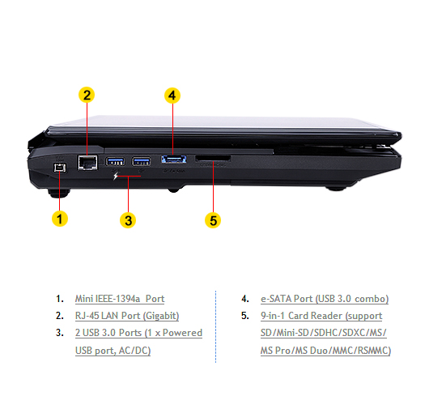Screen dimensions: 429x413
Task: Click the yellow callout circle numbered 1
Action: pos(60,219)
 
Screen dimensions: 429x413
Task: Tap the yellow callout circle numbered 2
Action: pos(87,95)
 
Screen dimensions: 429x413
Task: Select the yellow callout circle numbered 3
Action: pos(128,220)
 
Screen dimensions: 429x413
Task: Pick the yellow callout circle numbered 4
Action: pos(172,96)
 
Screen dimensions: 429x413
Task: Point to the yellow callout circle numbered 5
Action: pos(213,220)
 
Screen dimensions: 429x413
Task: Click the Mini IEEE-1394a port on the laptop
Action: pos(60,168)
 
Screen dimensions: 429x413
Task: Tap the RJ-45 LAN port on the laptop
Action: pos(87,163)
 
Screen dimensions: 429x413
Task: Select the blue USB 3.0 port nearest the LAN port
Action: pos(115,161)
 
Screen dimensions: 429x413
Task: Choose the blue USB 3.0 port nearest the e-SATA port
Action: pos(141,161)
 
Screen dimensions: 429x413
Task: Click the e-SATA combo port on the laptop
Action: pos(174,160)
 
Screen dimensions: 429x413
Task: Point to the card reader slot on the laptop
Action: pos(213,159)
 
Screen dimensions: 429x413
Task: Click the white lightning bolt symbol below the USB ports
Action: pos(116,176)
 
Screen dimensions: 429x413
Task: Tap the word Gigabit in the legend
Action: pos(161,316)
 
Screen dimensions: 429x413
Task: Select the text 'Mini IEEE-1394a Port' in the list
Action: pos(120,299)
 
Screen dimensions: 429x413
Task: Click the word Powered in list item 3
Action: pos(182,333)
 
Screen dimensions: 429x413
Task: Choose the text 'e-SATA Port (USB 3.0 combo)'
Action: pos(325,299)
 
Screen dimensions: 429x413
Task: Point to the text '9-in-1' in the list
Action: pos(273,316)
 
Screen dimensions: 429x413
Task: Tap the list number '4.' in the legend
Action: pos(245,299)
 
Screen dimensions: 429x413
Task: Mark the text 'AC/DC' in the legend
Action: pos(134,351)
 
